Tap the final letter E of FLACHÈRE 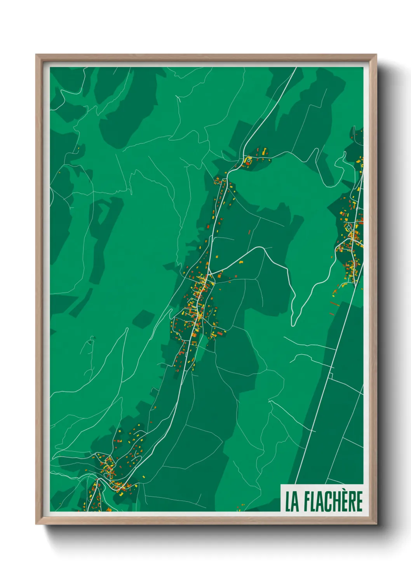click(359, 502)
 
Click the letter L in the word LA click(289, 502)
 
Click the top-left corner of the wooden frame click(37, 55)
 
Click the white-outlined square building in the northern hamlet click(248, 159)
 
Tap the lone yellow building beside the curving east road click(241, 262)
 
